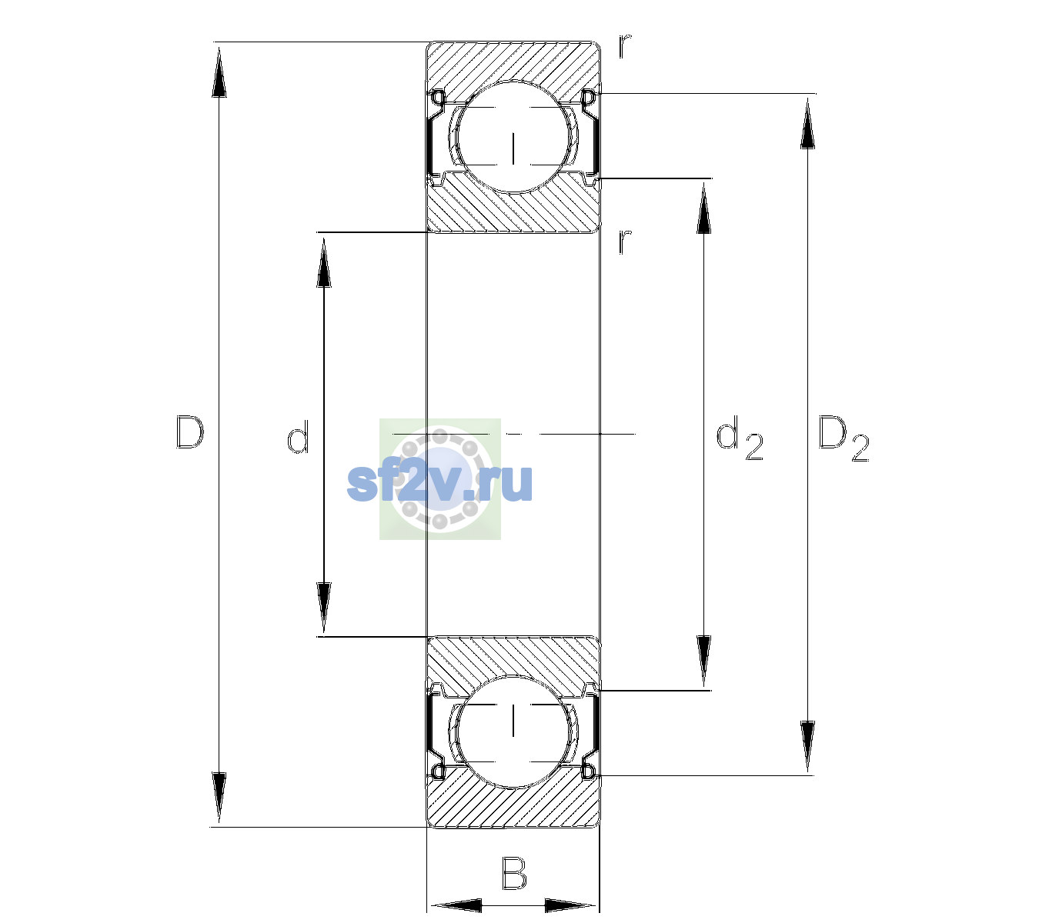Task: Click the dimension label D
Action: tap(190, 432)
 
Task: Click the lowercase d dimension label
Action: tap(298, 437)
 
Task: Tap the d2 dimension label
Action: tap(739, 438)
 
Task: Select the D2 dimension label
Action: tap(843, 438)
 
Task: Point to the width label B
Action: tap(514, 873)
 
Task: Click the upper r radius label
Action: tap(625, 46)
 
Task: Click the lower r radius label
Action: tap(625, 242)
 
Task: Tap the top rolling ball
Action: tap(513, 136)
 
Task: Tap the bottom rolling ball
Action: tap(513, 731)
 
